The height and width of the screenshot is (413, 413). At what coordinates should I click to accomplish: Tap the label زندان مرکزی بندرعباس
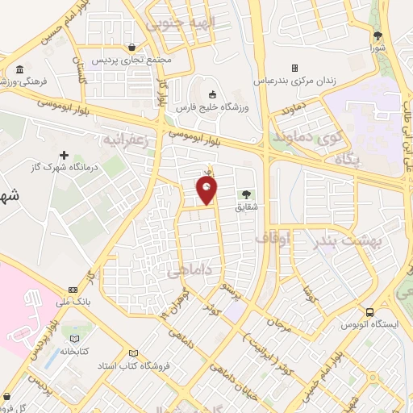coord(329,81)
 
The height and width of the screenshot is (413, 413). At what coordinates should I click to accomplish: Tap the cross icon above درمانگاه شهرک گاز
coord(65,154)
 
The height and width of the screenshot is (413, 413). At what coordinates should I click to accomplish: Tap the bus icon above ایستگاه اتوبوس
coord(369,311)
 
